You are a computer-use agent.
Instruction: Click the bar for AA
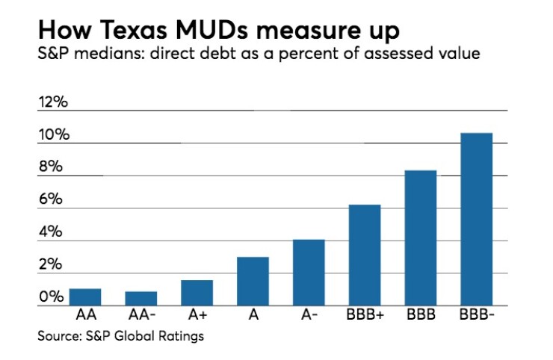pos(84,297)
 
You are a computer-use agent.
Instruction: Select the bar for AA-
pos(140,299)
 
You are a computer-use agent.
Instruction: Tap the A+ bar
pos(197,293)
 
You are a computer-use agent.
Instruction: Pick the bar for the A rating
pos(253,282)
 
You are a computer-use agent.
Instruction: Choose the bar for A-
pos(309,273)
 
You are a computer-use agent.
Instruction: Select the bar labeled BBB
pos(421,238)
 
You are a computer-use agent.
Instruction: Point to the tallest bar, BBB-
pos(477,220)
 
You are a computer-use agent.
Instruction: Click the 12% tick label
pos(53,102)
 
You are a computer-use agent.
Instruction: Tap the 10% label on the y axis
pos(53,135)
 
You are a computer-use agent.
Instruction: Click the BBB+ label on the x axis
pos(365,315)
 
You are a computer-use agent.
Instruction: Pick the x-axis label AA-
pos(140,315)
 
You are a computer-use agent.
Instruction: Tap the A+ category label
pos(197,315)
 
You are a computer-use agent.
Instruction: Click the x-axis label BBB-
pos(477,315)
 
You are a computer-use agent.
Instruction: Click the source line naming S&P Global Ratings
pos(120,336)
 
